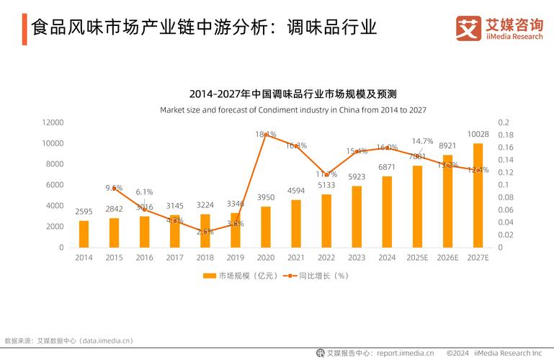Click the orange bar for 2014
84,234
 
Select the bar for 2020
266,227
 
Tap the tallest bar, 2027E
478,195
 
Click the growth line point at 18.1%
266,134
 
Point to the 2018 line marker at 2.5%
205,232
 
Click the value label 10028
478,135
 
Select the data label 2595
84,212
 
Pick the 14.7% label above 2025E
422,141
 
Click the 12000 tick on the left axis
52,122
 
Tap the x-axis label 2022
326,258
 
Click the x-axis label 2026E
447,258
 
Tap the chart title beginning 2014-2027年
293,94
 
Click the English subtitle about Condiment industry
293,110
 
